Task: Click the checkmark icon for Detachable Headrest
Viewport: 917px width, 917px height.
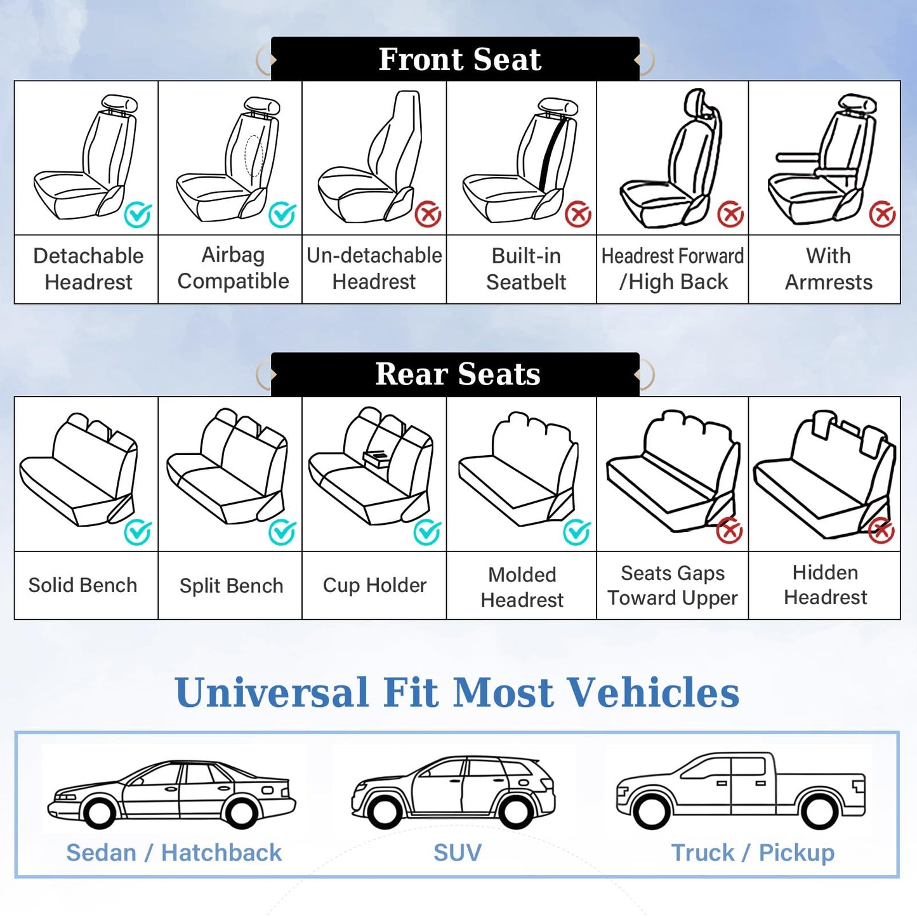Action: tap(138, 214)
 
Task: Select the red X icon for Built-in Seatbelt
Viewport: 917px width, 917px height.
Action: tap(578, 214)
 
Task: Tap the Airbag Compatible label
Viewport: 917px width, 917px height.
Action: tap(233, 268)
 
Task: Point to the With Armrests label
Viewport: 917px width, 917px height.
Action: tap(828, 268)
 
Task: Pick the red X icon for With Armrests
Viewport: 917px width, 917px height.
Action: tap(882, 214)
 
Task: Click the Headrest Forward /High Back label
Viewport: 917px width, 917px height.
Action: tap(673, 268)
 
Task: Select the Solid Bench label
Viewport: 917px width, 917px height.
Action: tap(82, 585)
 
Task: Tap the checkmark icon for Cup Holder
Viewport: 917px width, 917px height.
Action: tap(427, 532)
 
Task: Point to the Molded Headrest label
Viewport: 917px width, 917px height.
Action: tap(522, 587)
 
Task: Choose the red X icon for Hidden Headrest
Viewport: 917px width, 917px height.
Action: tap(881, 531)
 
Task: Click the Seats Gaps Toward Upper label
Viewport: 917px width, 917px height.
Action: tap(673, 585)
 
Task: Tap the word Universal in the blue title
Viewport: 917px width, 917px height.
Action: tap(271, 692)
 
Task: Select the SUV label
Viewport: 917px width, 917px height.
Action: tap(457, 852)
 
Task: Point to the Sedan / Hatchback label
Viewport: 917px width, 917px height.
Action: tap(174, 852)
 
